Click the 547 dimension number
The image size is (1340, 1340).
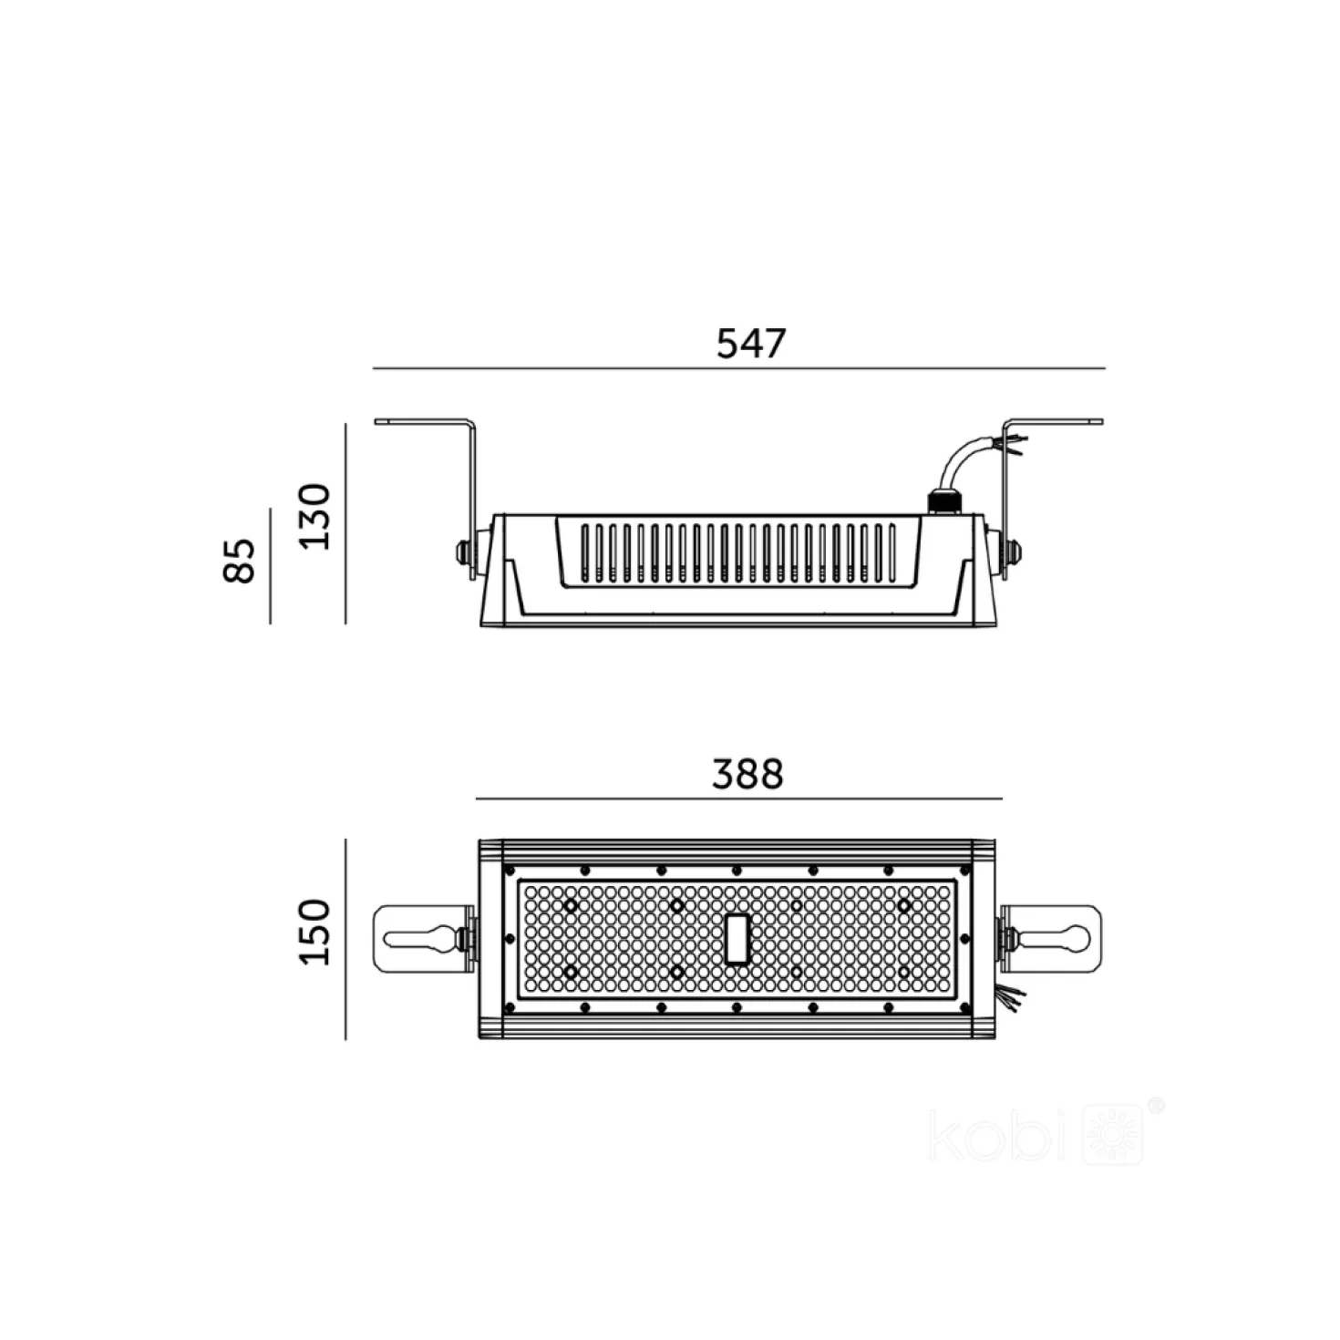[751, 344]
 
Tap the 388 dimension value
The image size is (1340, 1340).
[747, 774]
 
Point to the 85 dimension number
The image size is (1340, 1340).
[239, 561]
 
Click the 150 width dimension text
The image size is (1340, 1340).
[314, 932]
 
